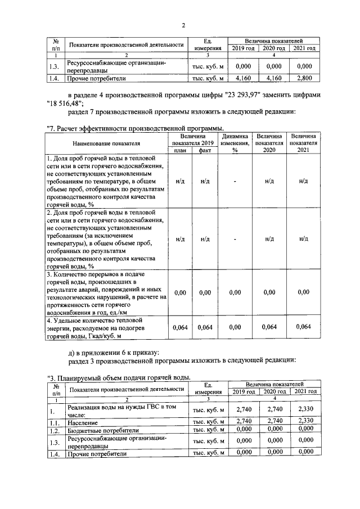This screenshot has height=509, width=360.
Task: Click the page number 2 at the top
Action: [x=183, y=25]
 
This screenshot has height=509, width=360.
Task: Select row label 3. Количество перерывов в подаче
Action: [x=106, y=292]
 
